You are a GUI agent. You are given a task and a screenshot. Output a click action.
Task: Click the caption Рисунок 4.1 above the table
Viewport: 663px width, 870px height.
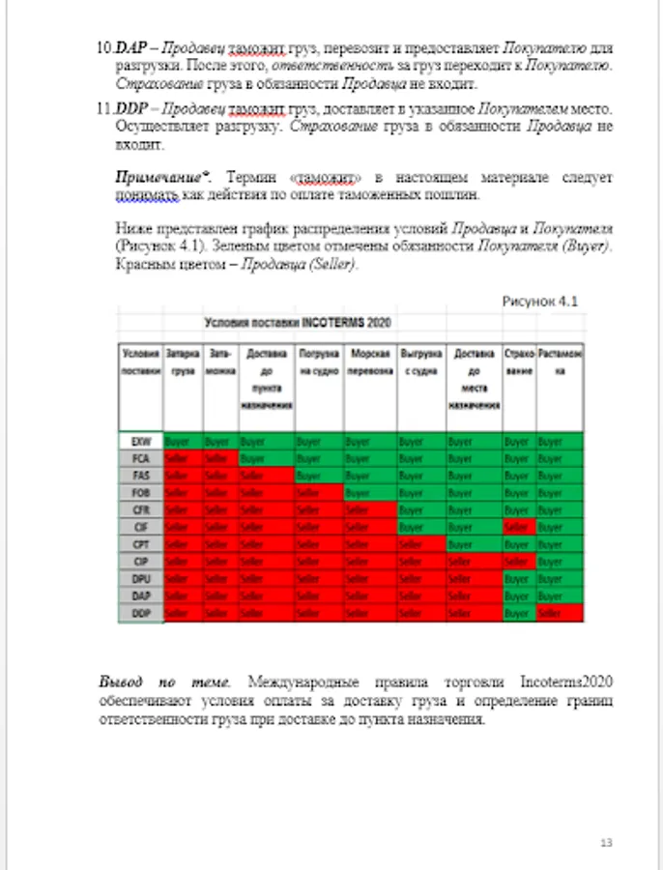(x=538, y=301)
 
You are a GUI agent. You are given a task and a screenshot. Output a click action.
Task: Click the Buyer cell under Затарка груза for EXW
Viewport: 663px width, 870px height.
(x=183, y=441)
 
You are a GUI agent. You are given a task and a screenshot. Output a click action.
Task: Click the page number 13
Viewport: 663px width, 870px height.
(x=607, y=842)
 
